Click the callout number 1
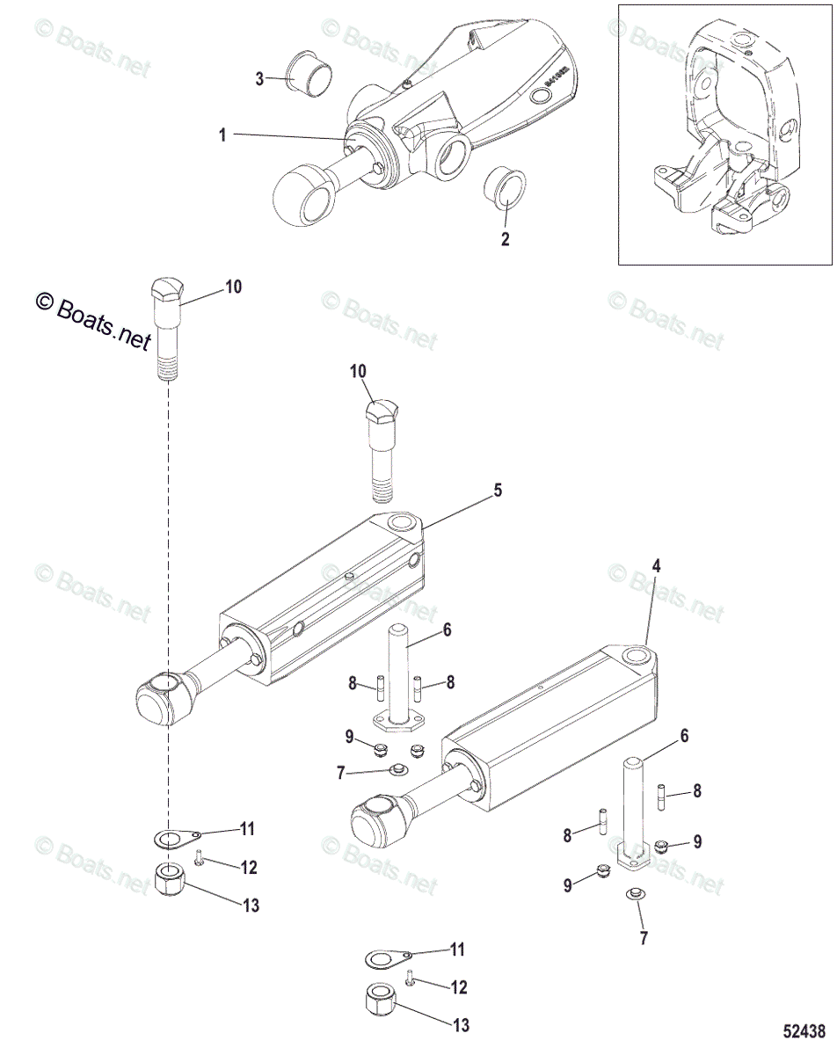pyautogui.click(x=222, y=135)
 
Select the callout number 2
pyautogui.click(x=505, y=237)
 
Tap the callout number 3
pyautogui.click(x=259, y=79)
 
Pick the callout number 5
pyautogui.click(x=498, y=491)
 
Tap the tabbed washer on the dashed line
pyautogui.click(x=174, y=836)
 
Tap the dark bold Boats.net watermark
pyautogui.click(x=92, y=321)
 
